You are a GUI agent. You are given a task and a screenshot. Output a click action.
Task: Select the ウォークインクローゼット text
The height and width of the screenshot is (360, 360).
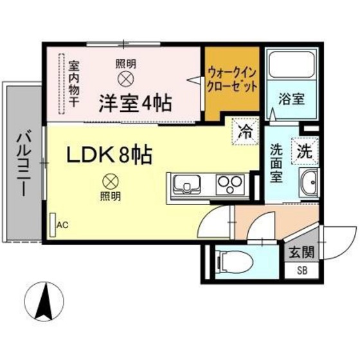pyautogui.click(x=232, y=79)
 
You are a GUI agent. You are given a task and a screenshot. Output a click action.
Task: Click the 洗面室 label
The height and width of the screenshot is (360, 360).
pyautogui.click(x=276, y=163)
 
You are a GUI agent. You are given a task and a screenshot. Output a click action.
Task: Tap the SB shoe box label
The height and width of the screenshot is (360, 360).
pyautogui.click(x=301, y=271)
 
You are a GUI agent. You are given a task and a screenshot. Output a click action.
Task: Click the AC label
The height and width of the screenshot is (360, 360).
pyautogui.click(x=62, y=225)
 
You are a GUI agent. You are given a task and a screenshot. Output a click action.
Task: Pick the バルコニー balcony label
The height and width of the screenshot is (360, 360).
pyautogui.click(x=24, y=165)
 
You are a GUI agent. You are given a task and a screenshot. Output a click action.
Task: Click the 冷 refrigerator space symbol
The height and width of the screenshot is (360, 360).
pyautogui.click(x=245, y=133)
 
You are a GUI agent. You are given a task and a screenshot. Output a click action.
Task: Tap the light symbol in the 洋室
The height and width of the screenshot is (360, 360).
pyautogui.click(x=125, y=78)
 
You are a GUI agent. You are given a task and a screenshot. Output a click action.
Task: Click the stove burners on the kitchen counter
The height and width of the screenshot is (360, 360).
pyautogui.click(x=228, y=185)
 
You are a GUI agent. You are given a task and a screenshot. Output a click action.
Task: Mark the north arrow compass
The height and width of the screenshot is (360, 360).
pyautogui.click(x=46, y=301)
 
